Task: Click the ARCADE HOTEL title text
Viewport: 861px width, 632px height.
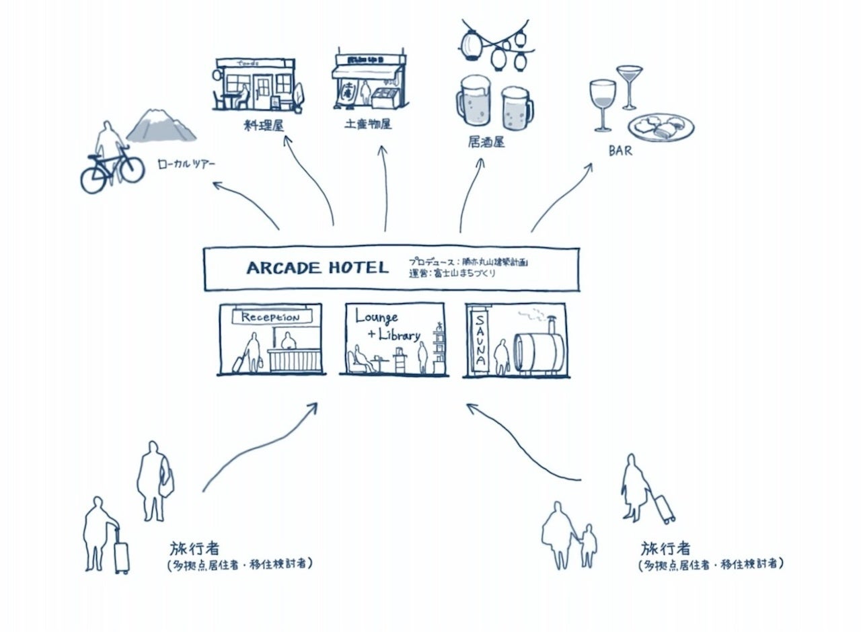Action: pos(317,268)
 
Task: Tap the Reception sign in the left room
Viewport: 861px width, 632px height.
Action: pos(271,317)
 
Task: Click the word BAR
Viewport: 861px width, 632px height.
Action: pos(620,151)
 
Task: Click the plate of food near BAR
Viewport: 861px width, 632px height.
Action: pos(661,127)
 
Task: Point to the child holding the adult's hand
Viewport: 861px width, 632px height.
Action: pos(588,545)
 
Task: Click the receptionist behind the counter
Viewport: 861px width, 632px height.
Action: pos(290,341)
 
